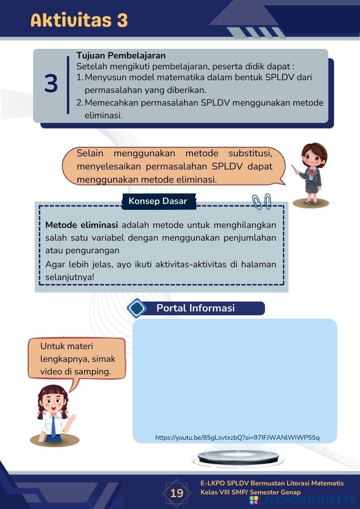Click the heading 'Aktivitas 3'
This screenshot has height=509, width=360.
(79, 20)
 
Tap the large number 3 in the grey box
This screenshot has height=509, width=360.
(51, 84)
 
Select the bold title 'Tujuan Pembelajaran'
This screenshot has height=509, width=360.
(121, 55)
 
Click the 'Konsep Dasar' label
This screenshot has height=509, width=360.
(158, 201)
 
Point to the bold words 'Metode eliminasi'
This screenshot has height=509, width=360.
(82, 225)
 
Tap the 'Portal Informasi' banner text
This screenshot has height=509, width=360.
(195, 308)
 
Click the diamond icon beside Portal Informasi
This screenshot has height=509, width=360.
(137, 308)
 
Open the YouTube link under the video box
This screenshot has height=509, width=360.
(237, 437)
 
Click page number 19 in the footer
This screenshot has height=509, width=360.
(176, 493)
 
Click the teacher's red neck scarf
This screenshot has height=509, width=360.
(310, 172)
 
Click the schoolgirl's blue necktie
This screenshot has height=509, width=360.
(53, 427)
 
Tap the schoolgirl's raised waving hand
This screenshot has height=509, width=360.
(73, 418)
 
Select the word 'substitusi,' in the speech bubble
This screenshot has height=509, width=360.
(250, 153)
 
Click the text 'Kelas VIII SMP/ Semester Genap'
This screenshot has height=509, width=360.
(251, 492)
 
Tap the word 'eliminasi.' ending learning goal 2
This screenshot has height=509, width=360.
(104, 116)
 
